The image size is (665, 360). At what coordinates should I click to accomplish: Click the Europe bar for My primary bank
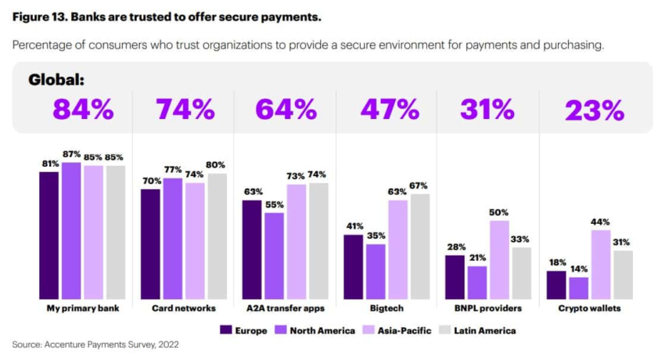click(49, 235)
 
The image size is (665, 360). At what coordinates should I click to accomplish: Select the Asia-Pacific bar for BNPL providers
click(500, 260)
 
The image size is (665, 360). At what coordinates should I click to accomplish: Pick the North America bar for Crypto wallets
click(579, 288)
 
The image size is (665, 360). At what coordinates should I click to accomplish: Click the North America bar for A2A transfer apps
click(274, 256)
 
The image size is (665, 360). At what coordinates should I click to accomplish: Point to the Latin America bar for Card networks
click(217, 236)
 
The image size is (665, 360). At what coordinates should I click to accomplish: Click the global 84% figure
click(83, 110)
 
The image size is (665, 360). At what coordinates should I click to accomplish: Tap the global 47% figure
click(389, 110)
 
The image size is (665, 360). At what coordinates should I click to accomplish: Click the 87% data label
click(71, 154)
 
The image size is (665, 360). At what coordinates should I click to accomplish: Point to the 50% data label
click(499, 212)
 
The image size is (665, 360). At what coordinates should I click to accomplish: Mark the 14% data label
click(579, 268)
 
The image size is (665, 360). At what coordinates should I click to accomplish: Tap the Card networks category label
click(184, 308)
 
